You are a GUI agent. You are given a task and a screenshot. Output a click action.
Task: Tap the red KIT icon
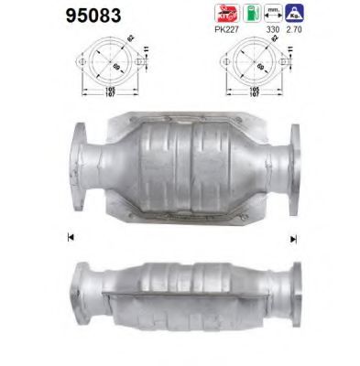point(223,14)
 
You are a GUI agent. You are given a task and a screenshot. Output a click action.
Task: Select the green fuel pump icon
point(245,14)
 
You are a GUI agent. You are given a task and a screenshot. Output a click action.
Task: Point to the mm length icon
point(272,14)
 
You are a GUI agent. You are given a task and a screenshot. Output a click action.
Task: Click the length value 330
point(272,30)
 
